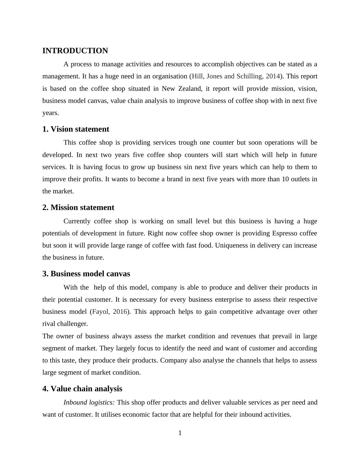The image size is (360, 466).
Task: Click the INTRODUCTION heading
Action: point(75,51)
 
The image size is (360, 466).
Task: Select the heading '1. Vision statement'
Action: point(76,129)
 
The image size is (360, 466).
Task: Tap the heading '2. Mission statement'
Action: point(78,208)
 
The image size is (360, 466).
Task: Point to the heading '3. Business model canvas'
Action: point(86,274)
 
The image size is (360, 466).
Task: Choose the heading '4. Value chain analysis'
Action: point(82,389)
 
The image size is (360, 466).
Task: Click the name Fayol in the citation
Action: point(101,312)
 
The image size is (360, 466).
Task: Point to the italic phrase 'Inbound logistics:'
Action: point(89,402)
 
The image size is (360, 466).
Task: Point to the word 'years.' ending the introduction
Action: point(51,113)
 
